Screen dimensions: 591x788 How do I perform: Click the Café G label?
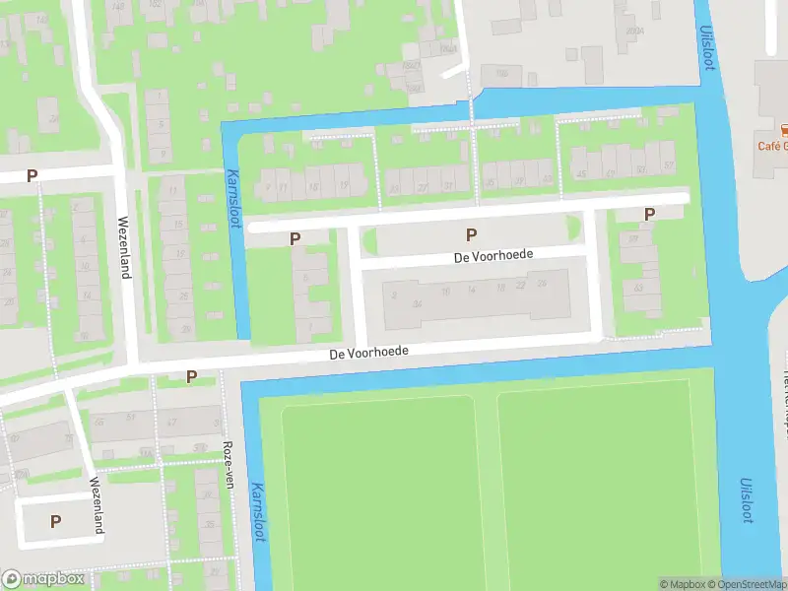773,147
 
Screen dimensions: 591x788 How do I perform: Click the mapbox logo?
43,579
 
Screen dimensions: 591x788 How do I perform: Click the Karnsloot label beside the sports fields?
260,518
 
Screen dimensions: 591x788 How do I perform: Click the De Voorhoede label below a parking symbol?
494,255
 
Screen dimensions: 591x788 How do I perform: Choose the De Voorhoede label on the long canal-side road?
368,352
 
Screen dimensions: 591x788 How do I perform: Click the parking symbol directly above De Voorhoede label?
471,234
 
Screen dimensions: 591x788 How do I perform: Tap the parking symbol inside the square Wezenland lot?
55,521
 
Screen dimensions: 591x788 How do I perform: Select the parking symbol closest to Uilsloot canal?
649,214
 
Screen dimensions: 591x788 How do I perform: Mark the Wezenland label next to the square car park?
98,505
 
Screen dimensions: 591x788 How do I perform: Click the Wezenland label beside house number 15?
124,246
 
